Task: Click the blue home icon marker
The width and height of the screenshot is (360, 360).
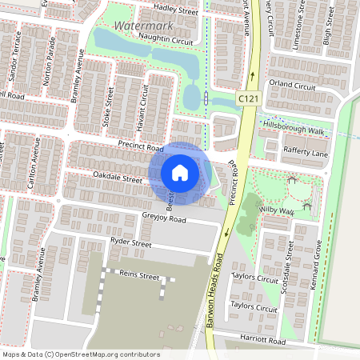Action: point(180,172)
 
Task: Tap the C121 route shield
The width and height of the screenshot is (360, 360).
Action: point(248,97)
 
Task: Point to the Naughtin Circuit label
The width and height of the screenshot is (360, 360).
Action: point(166,38)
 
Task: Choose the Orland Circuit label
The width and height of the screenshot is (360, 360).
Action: point(293,84)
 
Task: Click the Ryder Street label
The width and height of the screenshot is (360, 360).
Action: point(130,242)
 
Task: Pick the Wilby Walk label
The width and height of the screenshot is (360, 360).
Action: point(278,210)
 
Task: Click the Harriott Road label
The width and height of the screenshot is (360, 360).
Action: point(263,342)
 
